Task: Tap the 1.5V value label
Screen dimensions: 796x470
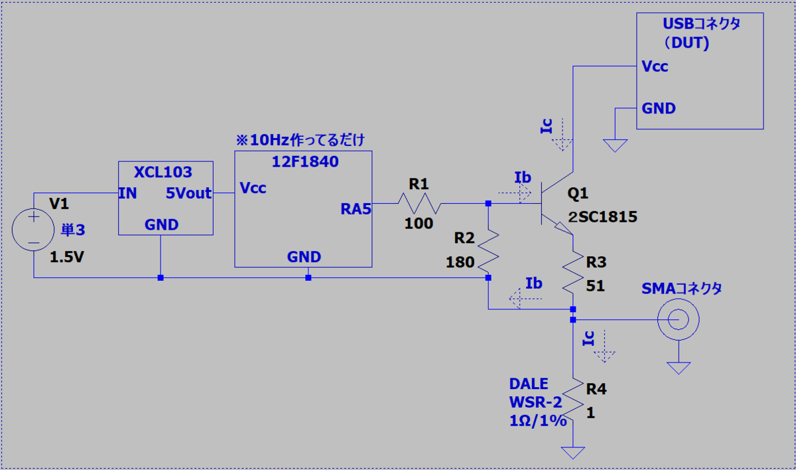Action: (67, 257)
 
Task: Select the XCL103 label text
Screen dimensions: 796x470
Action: (163, 172)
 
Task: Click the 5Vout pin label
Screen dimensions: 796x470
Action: (188, 193)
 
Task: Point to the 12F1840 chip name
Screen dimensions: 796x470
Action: (305, 162)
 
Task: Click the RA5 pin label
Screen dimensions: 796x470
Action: (356, 209)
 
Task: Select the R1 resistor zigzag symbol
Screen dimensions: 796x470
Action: (419, 203)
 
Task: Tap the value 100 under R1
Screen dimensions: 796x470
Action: (419, 223)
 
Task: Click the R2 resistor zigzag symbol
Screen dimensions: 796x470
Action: (488, 251)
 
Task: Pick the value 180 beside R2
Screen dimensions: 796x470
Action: (460, 262)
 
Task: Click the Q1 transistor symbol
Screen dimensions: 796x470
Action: (557, 203)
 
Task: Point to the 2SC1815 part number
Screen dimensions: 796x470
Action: (603, 217)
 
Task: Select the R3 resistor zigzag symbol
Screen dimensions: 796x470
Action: (573, 272)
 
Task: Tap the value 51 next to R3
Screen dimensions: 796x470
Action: (595, 286)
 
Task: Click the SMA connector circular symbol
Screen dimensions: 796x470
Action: (679, 319)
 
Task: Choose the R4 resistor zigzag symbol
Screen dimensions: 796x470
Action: (573, 400)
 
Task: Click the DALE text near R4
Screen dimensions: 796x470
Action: (529, 384)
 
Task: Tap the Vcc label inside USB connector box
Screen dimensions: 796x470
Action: (655, 66)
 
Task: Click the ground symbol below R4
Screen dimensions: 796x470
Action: (573, 453)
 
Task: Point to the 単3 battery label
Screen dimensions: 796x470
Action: (73, 230)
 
